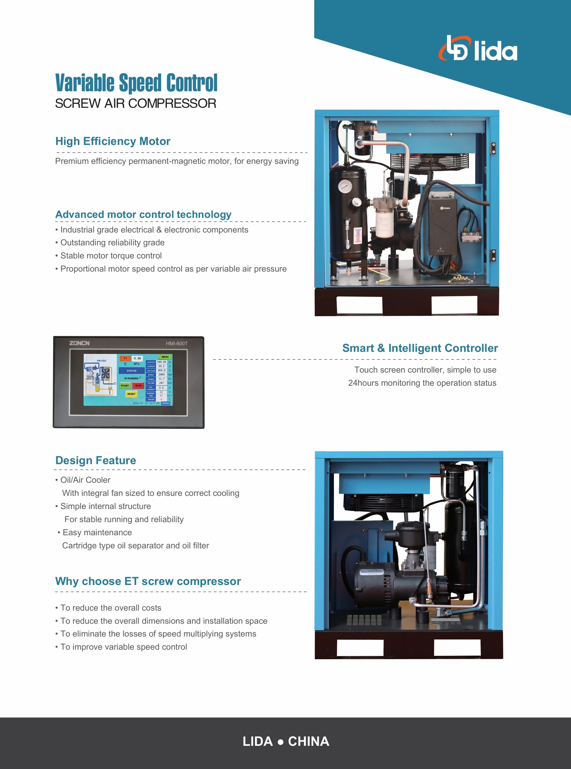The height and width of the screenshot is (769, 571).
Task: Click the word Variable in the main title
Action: [x=85, y=83]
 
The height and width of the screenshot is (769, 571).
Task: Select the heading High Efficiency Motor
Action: [x=113, y=141]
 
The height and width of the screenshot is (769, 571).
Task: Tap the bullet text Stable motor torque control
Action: [x=111, y=256]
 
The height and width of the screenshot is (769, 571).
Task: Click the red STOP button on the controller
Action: [x=138, y=385]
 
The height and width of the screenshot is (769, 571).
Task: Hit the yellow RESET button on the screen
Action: [x=131, y=394]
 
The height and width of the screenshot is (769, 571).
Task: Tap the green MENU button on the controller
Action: [x=165, y=356]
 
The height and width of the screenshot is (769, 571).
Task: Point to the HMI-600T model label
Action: [x=176, y=343]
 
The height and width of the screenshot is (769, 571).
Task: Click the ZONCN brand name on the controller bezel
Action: [x=79, y=343]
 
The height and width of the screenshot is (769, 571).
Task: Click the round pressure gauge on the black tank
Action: [x=345, y=186]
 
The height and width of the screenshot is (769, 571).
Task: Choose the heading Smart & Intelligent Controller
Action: [x=420, y=348]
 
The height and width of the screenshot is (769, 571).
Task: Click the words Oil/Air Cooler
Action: [x=85, y=480]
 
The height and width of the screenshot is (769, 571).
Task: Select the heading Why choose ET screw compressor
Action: [x=148, y=581]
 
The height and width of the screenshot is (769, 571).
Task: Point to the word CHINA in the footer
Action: [x=308, y=741]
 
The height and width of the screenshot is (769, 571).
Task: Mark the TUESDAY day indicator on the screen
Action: [x=166, y=403]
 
